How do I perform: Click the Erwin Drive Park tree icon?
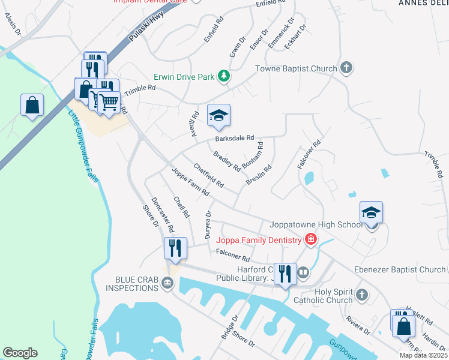click(223, 76)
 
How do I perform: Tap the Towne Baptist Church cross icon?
click(346, 68)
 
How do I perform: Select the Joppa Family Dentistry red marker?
click(310, 240)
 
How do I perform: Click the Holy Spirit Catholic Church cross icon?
click(361, 295)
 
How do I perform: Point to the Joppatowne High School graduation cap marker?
click(371, 213)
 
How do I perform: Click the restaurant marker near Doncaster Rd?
click(175, 248)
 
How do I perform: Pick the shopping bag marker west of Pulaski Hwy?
click(32, 104)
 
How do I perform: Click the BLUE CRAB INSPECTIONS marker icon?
click(167, 286)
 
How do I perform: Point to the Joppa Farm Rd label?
click(190, 182)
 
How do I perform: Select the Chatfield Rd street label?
click(208, 174)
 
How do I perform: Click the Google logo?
click(20, 353)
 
